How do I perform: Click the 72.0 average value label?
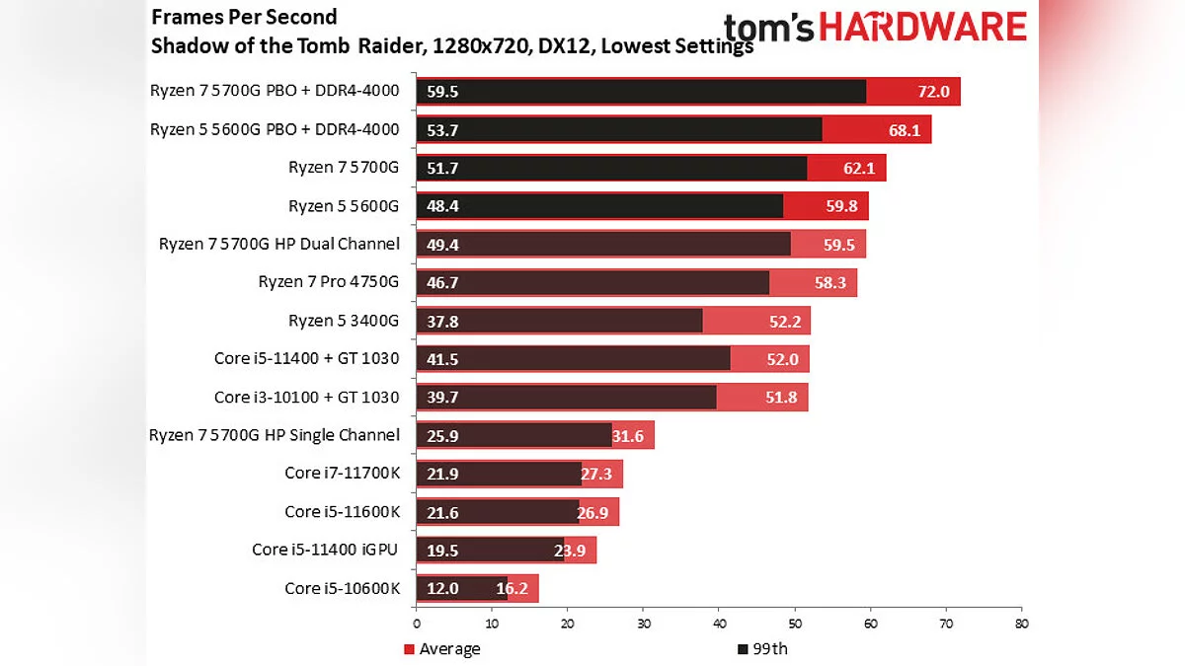[932, 92]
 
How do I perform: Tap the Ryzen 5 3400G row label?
[343, 321]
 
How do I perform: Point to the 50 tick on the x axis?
[795, 625]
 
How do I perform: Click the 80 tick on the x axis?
[1021, 625]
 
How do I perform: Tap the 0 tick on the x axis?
[417, 625]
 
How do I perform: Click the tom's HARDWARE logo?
[875, 27]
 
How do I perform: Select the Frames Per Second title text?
[244, 17]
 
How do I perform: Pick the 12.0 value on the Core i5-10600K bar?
[442, 588]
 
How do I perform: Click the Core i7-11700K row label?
[342, 474]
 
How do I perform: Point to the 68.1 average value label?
[904, 130]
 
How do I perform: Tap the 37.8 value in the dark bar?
[442, 321]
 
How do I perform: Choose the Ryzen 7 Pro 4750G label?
[328, 282]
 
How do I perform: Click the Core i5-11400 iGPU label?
[325, 550]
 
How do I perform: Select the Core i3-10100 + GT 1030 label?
[306, 397]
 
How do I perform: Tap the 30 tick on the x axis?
[643, 625]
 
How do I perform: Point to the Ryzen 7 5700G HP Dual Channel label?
[278, 244]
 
